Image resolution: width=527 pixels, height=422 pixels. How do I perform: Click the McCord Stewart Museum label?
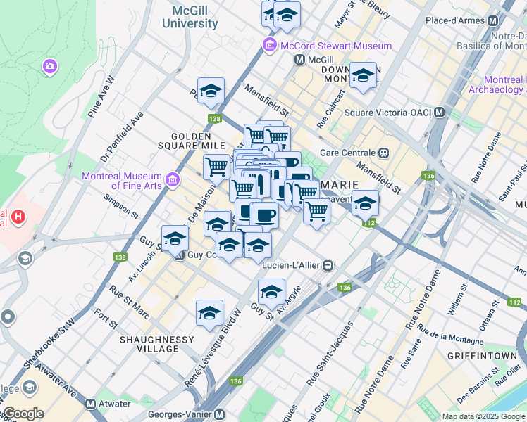point(335,46)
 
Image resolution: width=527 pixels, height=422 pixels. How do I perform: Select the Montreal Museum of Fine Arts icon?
point(172,181)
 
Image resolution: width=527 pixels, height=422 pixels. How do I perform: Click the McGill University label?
point(190,17)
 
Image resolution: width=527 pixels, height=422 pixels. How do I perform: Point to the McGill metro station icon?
point(299,60)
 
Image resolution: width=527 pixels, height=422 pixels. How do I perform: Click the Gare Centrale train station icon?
point(384,152)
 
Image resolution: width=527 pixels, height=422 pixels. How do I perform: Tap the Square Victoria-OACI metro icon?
point(440,112)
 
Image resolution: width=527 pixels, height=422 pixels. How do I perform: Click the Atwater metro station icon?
point(91,404)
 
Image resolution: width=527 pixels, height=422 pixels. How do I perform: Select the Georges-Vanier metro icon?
point(219,415)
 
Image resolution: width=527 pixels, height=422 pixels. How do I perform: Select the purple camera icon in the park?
point(50,66)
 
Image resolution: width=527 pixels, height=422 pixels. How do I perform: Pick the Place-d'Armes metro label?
point(455,21)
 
